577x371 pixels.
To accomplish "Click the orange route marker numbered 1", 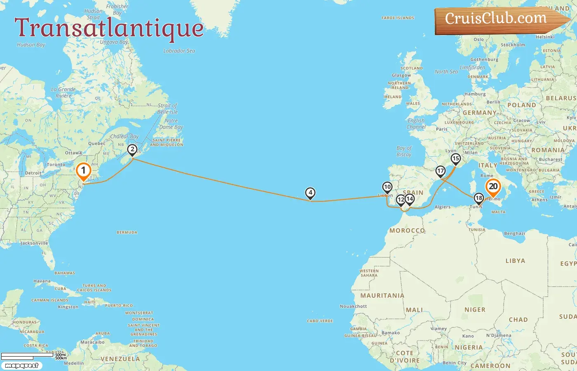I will click(83, 170).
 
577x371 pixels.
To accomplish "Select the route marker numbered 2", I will click(132, 150).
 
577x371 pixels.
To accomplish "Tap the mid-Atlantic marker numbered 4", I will click(310, 193).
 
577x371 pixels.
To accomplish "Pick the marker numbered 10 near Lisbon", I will click(387, 187).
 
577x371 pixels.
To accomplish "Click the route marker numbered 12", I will click(401, 200).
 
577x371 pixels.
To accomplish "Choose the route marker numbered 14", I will click(409, 199).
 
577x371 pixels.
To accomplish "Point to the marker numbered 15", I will click(455, 159).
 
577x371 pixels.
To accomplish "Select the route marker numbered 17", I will click(441, 171).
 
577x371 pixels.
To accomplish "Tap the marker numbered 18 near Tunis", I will click(478, 198).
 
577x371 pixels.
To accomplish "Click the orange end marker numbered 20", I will click(493, 187).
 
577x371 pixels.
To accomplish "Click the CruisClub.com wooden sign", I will click(499, 19).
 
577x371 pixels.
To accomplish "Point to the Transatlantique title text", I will click(109, 28).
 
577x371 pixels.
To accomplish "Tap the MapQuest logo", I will click(21, 365).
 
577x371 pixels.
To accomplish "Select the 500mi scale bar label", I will click(60, 355).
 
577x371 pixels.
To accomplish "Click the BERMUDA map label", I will click(127, 232).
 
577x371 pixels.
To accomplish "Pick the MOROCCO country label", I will click(407, 230).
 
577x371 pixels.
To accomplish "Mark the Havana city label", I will click(42, 281).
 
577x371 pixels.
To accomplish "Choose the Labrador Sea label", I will click(179, 51).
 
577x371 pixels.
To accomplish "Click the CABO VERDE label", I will click(320, 321).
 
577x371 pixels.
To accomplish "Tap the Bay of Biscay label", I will click(404, 151).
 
